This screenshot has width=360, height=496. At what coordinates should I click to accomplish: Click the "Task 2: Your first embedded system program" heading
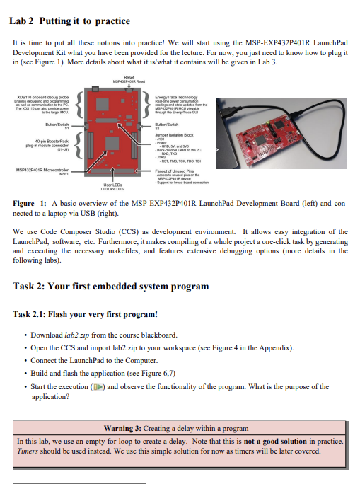(x=111, y=287)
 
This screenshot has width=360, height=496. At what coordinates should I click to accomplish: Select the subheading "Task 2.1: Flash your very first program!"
(x=85, y=314)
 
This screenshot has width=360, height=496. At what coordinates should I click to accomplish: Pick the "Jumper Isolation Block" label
(x=178, y=134)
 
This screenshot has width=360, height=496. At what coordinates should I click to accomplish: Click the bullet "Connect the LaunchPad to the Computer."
(x=89, y=361)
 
